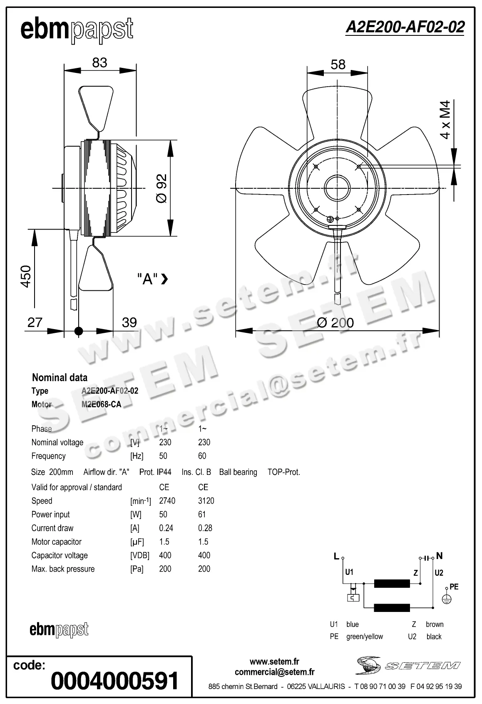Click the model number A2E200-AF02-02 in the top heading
pos(405,27)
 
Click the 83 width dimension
pos(99,62)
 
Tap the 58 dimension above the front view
pos(338,65)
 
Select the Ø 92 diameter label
pos(161,188)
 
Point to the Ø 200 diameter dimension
pos(335,322)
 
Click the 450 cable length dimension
pos(26,276)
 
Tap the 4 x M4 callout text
pos(445,120)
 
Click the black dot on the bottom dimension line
pos(78,331)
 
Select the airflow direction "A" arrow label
pos(152,279)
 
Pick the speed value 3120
pos(206,501)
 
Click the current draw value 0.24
pos(166,528)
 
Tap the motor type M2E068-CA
pos(101,404)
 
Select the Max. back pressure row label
pos(63,569)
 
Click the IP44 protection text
pos(164,472)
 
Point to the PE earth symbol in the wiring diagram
pos(446,599)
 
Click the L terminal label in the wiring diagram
pos(336,556)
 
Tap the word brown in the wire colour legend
pos(434,624)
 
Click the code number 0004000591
pos(114,681)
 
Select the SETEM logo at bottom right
pos(408,665)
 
